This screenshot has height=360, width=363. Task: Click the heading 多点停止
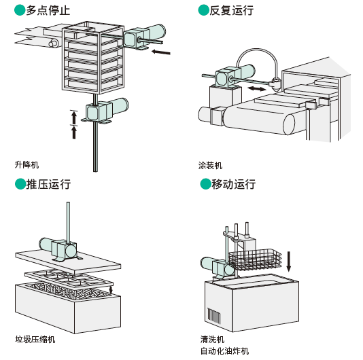pyautogui.click(x=48, y=11)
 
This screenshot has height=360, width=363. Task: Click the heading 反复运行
pyautogui.click(x=231, y=11)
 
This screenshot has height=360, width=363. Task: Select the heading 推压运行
pyautogui.click(x=48, y=184)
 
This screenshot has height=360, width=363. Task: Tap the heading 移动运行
pyautogui.click(x=234, y=184)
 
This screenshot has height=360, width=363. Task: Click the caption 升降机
pyautogui.click(x=27, y=165)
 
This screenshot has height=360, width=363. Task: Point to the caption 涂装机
pyautogui.click(x=210, y=166)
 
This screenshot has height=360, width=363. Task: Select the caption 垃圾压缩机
pyautogui.click(x=35, y=340)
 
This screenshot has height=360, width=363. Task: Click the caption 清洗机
pyautogui.click(x=212, y=340)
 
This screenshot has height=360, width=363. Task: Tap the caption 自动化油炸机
pyautogui.click(x=224, y=351)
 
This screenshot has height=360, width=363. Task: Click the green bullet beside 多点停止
pyautogui.click(x=20, y=11)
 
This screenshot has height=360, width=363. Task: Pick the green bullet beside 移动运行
pyautogui.click(x=205, y=184)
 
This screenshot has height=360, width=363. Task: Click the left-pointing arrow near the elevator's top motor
pyautogui.click(x=161, y=52)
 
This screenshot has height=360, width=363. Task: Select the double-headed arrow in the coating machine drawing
pyautogui.click(x=257, y=88)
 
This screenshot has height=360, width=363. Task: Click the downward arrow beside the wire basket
pyautogui.click(x=288, y=262)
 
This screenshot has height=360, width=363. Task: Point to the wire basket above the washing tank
pyautogui.click(x=255, y=259)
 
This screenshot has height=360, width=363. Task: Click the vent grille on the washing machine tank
pyautogui.click(x=213, y=315)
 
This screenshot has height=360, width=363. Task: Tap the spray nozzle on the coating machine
pyautogui.click(x=276, y=84)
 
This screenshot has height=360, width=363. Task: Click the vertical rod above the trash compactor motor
pyautogui.click(x=68, y=223)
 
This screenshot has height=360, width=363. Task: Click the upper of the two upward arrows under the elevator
pyautogui.click(x=74, y=118)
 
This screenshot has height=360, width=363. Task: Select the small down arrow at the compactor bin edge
pyautogui.click(x=111, y=289)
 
